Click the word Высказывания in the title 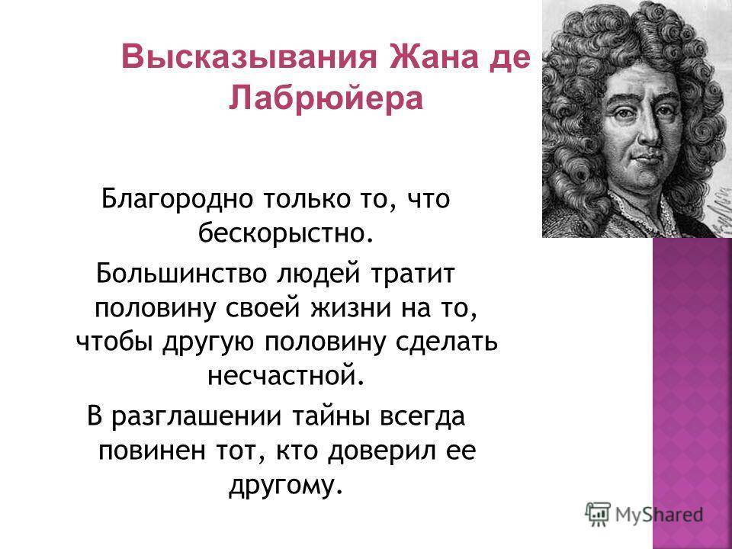pos(249,58)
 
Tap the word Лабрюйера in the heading pos(326,98)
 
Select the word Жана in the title pos(432,57)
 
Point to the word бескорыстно pos(286,233)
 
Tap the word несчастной pos(284,375)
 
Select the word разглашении pos(197,417)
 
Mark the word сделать pos(447,343)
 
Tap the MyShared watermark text pos(659,515)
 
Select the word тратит pos(413,274)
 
